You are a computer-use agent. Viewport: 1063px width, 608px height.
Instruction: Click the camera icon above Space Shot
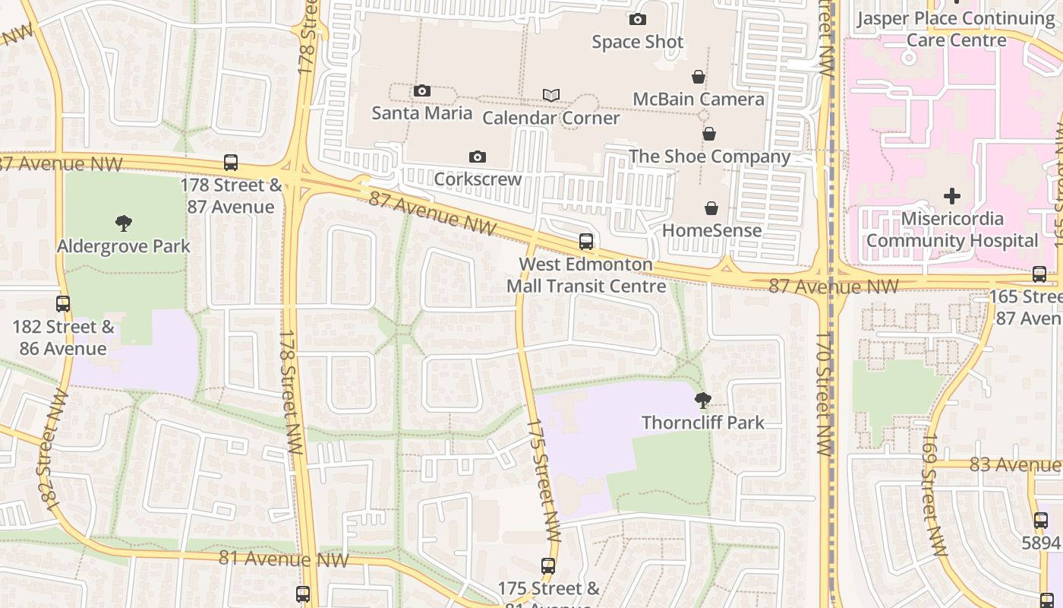638,20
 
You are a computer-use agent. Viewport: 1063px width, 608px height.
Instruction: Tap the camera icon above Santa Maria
422,91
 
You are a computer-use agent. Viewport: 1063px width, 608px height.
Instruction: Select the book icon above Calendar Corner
551,95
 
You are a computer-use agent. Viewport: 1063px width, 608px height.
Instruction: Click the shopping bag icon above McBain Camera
699,77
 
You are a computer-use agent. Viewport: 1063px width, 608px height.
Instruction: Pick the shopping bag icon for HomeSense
711,208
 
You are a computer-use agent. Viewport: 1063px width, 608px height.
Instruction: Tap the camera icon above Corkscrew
477,157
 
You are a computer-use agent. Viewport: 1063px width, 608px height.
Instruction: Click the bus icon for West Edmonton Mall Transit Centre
586,242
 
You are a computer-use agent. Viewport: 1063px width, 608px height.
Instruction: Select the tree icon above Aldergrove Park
124,223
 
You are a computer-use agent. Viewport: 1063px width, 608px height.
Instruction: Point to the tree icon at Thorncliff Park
703,400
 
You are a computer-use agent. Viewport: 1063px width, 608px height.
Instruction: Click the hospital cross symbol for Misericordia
951,196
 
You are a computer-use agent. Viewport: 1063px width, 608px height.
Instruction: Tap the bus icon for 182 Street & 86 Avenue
63,304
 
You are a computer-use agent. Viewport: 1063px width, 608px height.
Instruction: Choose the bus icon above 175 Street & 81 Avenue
548,566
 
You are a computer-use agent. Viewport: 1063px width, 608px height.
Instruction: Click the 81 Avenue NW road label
283,559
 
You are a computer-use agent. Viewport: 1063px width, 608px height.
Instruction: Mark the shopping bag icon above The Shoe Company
709,135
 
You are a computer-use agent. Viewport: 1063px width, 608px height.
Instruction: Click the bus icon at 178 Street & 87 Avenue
231,163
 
